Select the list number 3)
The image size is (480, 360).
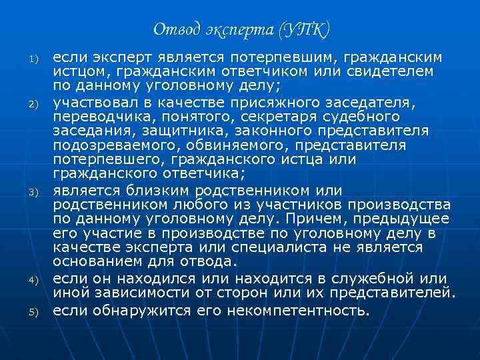point(31,192)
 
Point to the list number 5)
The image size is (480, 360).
point(31,311)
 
